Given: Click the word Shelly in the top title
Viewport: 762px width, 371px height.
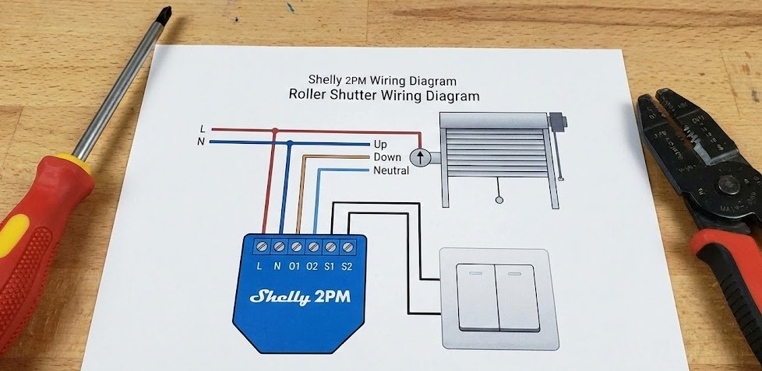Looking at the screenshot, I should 325,79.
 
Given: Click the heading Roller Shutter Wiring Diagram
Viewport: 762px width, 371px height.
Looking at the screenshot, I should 383,96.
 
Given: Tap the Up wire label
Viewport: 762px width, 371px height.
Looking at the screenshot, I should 380,144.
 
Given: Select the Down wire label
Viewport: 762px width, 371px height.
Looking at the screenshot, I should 386,157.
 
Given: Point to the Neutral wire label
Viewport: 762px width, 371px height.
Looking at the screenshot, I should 390,170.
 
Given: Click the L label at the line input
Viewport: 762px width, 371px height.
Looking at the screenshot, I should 203,128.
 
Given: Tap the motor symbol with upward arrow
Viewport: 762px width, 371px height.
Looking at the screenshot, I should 421,158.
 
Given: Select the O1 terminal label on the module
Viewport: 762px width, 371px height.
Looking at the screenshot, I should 295,267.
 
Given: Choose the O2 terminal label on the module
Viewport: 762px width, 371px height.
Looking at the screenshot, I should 312,267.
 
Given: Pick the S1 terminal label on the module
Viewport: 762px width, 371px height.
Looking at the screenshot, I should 330,267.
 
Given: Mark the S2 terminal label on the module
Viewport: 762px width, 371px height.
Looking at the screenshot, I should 347,267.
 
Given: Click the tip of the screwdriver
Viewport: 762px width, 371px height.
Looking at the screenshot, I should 166,13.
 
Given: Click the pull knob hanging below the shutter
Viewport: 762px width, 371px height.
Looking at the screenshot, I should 499,200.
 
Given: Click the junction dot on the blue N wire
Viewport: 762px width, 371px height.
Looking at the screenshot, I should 290,142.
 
